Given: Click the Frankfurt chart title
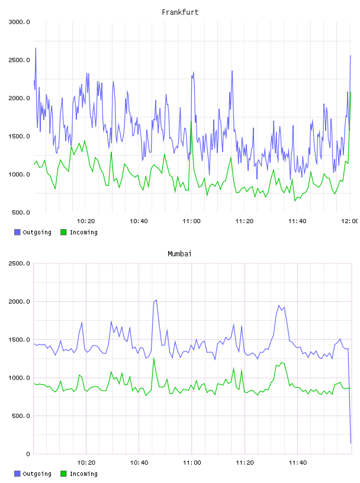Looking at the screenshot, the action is [x=180, y=12].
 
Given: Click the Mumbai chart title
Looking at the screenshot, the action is [x=179, y=254].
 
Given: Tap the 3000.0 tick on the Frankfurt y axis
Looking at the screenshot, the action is [x=19, y=22].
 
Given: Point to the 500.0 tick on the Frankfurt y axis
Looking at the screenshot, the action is [x=21, y=212].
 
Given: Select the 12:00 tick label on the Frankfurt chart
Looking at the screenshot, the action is [x=350, y=221].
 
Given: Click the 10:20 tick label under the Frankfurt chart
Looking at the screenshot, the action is [x=86, y=221].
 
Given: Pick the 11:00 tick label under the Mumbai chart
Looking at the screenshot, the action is [x=192, y=463].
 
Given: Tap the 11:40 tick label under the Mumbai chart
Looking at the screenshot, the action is [x=298, y=463].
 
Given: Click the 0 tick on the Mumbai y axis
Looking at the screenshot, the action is [x=28, y=454].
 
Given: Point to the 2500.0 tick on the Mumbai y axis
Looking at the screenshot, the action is [x=19, y=263].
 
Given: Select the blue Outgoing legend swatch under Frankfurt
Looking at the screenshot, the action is [x=17, y=232].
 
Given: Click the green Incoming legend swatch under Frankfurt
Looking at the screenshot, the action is [x=63, y=232].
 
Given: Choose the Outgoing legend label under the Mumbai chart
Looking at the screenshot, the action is [x=37, y=474].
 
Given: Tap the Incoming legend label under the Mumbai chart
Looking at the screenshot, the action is [x=83, y=474].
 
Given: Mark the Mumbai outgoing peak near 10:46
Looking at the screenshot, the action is [x=156, y=300].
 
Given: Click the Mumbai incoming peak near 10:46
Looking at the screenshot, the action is [x=154, y=358].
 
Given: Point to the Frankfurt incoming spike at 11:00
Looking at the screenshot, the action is [x=191, y=121].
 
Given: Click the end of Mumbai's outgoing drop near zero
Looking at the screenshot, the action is [x=351, y=443].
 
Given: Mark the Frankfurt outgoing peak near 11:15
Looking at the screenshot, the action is [x=232, y=71].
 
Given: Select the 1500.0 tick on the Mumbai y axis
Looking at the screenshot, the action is [x=19, y=340].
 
